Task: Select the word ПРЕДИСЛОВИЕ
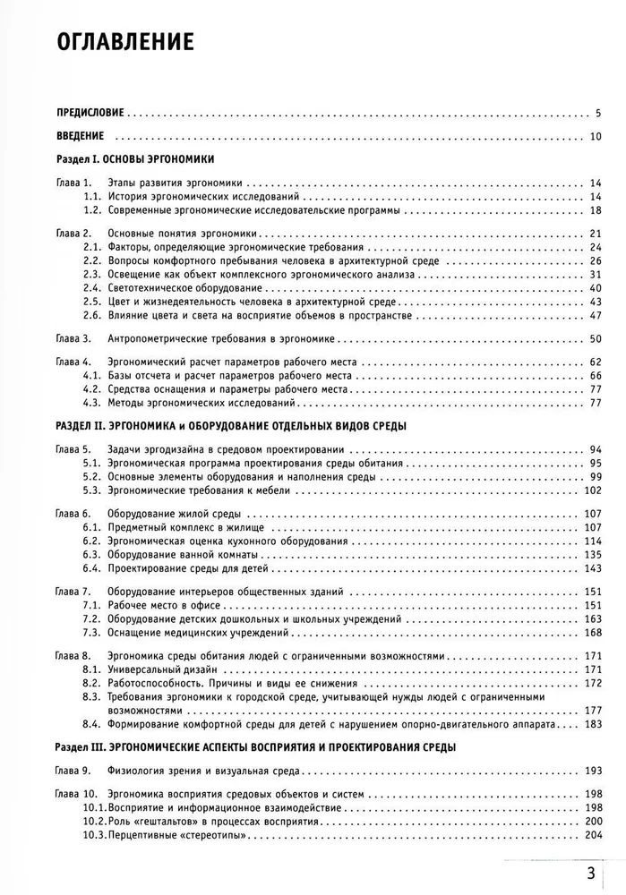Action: click(x=88, y=114)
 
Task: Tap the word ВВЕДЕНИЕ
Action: click(x=80, y=136)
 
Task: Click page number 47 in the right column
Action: click(x=595, y=316)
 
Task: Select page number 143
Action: click(x=592, y=567)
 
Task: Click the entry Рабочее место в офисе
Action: click(x=161, y=606)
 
